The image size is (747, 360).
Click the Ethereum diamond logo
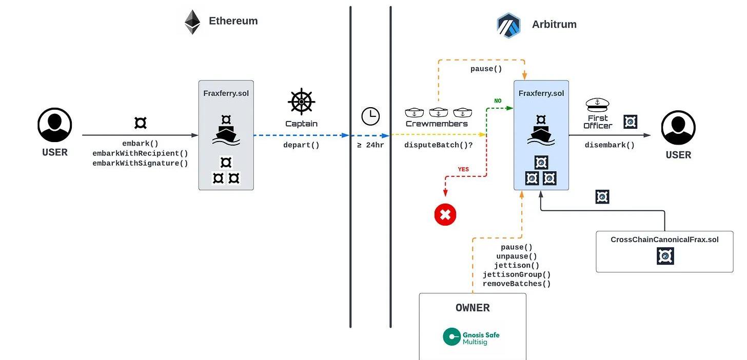tap(192, 22)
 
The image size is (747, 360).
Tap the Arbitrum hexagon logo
tap(508, 25)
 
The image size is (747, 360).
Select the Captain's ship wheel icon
tap(302, 102)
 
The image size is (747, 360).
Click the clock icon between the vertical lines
tap(370, 116)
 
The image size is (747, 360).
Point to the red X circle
tap(445, 215)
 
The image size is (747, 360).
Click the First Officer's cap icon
tap(597, 105)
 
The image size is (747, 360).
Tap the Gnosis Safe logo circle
tap(451, 336)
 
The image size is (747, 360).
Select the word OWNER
tap(473, 308)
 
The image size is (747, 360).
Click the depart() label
tap(301, 145)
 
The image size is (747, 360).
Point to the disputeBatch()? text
tap(438, 145)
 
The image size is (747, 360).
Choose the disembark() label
tap(610, 145)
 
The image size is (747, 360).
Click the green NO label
tap(498, 101)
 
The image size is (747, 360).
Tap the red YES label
tap(463, 169)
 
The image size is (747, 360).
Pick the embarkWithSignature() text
tap(140, 163)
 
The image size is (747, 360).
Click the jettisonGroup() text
tap(517, 275)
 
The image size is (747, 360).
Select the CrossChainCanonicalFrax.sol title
tap(664, 239)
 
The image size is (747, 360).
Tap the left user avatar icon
tap(55, 125)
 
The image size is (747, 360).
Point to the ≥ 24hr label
tap(370, 145)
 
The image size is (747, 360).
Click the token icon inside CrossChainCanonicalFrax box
tap(665, 256)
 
